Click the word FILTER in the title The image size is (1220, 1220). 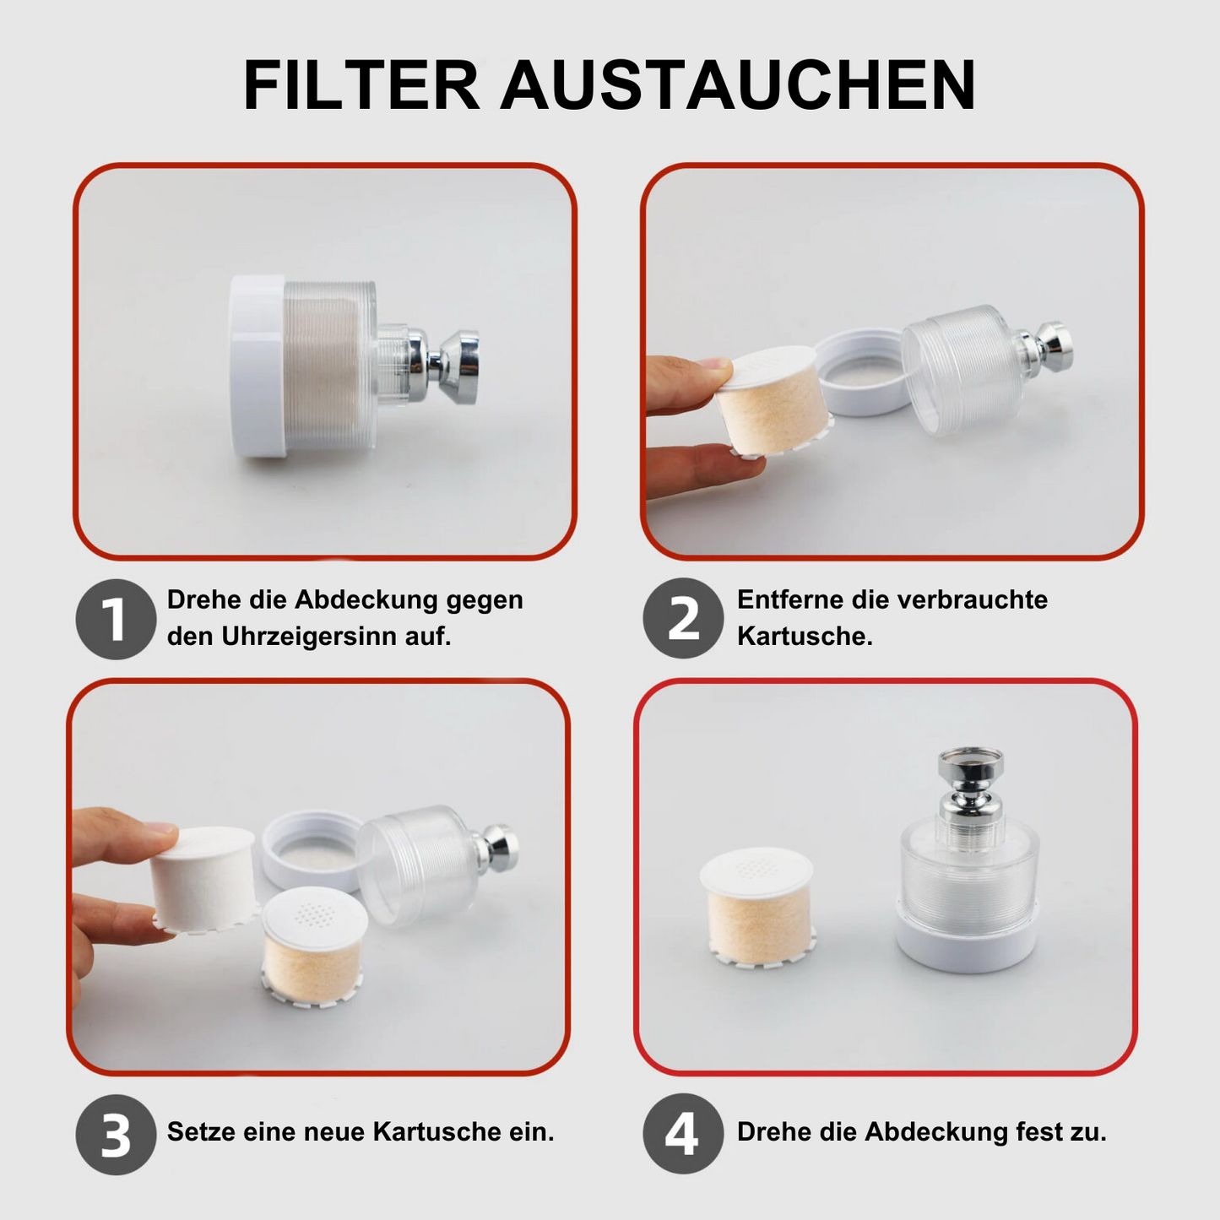pos(361,84)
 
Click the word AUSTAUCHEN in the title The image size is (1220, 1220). pos(738,84)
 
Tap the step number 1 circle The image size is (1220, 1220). pos(116,619)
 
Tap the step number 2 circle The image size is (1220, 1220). pos(683,618)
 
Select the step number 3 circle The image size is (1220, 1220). pos(116,1135)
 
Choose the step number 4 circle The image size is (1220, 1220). pos(683,1133)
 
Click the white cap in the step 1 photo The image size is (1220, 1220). pos(258,366)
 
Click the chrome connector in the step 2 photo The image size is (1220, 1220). pos(1044,347)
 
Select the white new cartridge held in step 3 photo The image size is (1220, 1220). pos(203,880)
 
